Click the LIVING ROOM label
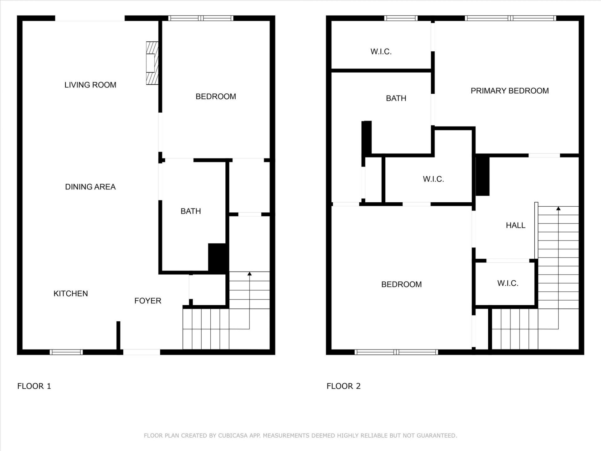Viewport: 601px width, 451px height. click(x=90, y=85)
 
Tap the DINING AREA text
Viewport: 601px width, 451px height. click(x=90, y=187)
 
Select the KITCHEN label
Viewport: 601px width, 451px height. click(x=70, y=293)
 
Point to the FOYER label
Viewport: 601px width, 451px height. click(x=147, y=301)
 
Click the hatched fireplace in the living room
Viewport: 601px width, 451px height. click(x=152, y=63)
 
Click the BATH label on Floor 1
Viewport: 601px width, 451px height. click(x=191, y=211)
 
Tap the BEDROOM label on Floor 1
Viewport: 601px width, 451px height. click(x=216, y=96)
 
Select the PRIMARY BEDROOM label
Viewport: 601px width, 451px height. click(x=510, y=91)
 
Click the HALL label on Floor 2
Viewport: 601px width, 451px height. click(x=516, y=225)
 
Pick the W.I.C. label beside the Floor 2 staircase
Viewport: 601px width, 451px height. click(x=508, y=283)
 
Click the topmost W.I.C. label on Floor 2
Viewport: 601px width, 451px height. click(x=381, y=52)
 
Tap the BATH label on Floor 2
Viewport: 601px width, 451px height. click(x=396, y=98)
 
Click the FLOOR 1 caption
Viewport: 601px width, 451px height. click(x=34, y=386)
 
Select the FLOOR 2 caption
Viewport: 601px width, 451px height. click(x=343, y=386)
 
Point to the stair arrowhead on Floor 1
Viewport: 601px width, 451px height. click(x=249, y=274)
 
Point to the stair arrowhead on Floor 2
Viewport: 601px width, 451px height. click(x=558, y=208)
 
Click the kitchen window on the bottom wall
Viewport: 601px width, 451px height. click(x=66, y=352)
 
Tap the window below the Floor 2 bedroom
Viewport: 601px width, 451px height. click(x=396, y=352)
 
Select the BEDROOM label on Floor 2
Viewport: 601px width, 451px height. click(x=401, y=284)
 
